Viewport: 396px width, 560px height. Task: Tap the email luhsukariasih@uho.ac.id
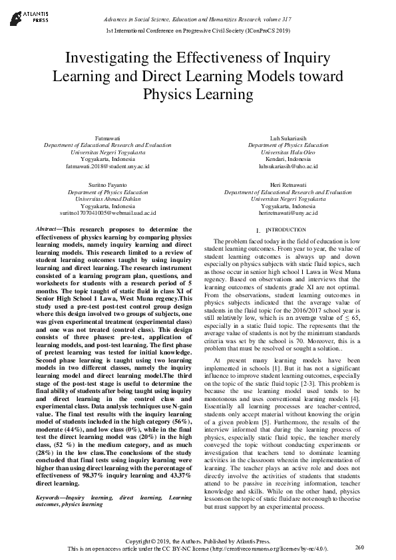288,166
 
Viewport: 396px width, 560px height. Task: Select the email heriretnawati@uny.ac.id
288,213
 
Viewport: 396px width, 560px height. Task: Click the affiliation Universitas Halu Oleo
288,152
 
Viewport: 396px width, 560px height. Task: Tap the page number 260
360,547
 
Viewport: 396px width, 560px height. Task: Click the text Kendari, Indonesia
288,160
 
